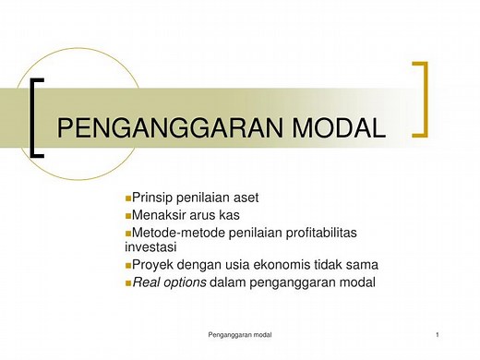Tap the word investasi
click(150, 247)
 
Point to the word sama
click(361, 265)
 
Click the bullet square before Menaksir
click(127, 215)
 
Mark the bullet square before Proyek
click(127, 266)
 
